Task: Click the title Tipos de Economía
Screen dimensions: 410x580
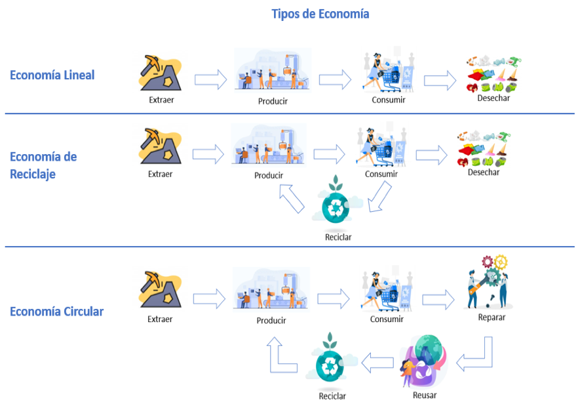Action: point(320,14)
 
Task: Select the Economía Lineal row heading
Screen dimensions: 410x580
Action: point(52,75)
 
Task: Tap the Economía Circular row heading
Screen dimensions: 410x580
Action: point(56,311)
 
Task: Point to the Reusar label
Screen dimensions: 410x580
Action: point(425,395)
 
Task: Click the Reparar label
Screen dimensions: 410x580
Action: point(492,318)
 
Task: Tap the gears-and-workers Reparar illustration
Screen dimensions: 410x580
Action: point(489,282)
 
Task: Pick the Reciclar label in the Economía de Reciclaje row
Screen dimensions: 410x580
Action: point(338,237)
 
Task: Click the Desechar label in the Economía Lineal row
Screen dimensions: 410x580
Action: point(493,98)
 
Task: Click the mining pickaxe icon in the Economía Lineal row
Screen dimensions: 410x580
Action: point(160,73)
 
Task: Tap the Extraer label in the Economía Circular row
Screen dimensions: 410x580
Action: point(160,319)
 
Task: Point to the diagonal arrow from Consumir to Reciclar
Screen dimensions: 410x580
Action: point(379,197)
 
